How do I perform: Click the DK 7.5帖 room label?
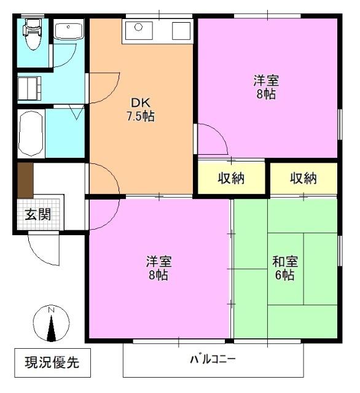[141, 109]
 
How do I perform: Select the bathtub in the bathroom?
[29, 134]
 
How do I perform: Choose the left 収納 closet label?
[231, 178]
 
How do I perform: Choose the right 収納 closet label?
[303, 178]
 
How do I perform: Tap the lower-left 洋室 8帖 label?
[158, 267]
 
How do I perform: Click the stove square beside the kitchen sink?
[182, 29]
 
